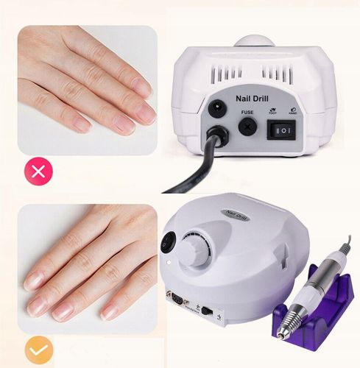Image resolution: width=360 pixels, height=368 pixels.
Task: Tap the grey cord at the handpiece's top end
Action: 347,243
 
